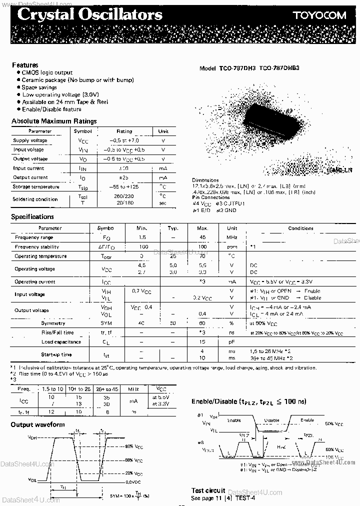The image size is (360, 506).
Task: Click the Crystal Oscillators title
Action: tap(89, 14)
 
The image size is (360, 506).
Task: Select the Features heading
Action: tap(25, 65)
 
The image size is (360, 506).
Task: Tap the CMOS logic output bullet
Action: tap(47, 72)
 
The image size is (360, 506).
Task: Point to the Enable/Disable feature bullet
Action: tap(51, 109)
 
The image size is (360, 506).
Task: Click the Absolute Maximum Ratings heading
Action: tap(54, 121)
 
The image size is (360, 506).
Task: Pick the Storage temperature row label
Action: tap(36, 187)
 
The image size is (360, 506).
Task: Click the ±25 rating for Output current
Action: tap(124, 177)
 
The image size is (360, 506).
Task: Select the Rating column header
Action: tap(124, 131)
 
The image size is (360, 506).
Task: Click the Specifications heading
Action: tap(32, 216)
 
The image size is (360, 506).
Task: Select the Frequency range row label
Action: tap(34, 237)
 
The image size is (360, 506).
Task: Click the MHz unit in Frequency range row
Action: tap(232, 237)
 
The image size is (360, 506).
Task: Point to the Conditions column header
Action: tap(300, 228)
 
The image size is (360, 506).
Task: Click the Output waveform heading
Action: tap(38, 424)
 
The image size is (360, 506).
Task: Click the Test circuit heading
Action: tap(208, 490)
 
